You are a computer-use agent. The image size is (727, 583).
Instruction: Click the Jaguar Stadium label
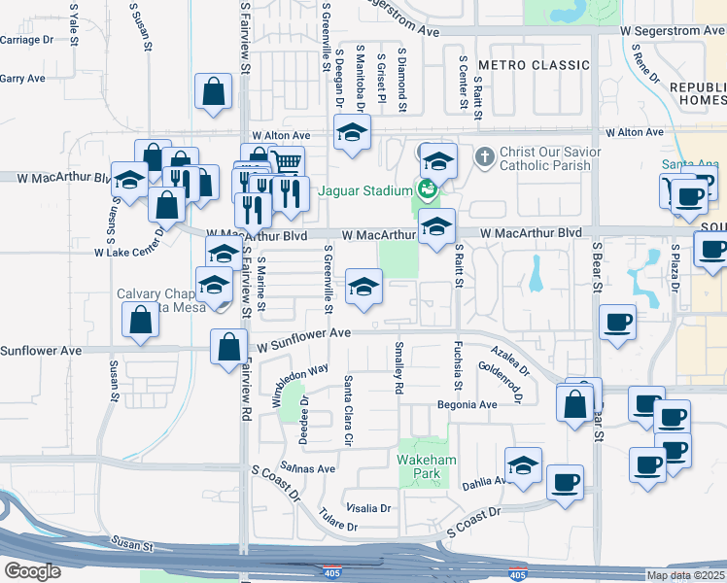tap(362, 190)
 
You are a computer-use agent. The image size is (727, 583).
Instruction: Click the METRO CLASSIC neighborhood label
tap(534, 65)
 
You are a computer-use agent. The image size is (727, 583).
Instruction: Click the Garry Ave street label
tap(22, 79)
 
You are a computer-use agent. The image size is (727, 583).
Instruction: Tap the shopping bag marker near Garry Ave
tap(213, 94)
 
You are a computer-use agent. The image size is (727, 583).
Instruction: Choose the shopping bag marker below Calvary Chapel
tap(140, 321)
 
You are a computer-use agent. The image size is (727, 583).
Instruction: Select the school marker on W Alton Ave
tap(352, 133)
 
